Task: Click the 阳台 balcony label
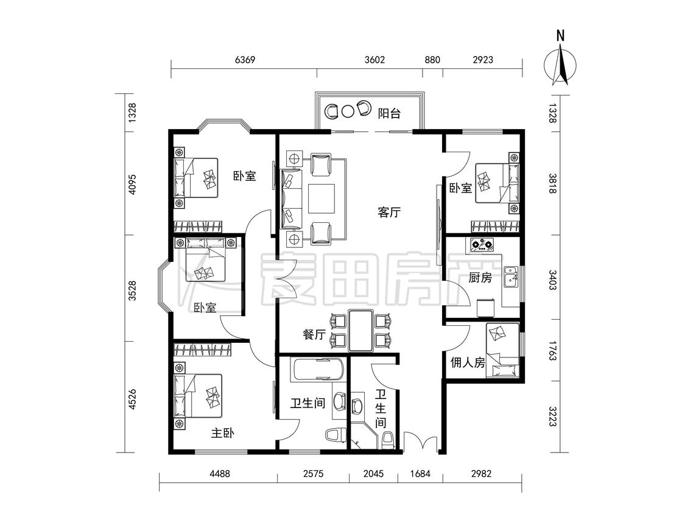point(389,114)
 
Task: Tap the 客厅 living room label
point(389,213)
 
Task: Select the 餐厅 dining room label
point(314,335)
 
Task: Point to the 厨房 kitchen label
point(480,278)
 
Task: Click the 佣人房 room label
point(468,362)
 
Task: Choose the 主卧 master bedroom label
point(223,433)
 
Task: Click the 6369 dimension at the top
point(245,60)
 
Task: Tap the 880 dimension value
point(432,60)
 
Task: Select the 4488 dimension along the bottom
point(219,473)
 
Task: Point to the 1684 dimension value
point(420,473)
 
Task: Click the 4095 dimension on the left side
point(132,185)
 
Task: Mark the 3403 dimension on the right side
point(552,280)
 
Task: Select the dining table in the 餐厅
point(361,331)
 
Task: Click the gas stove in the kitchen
point(482,245)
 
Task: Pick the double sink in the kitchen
point(510,277)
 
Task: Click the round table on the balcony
point(347,111)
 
